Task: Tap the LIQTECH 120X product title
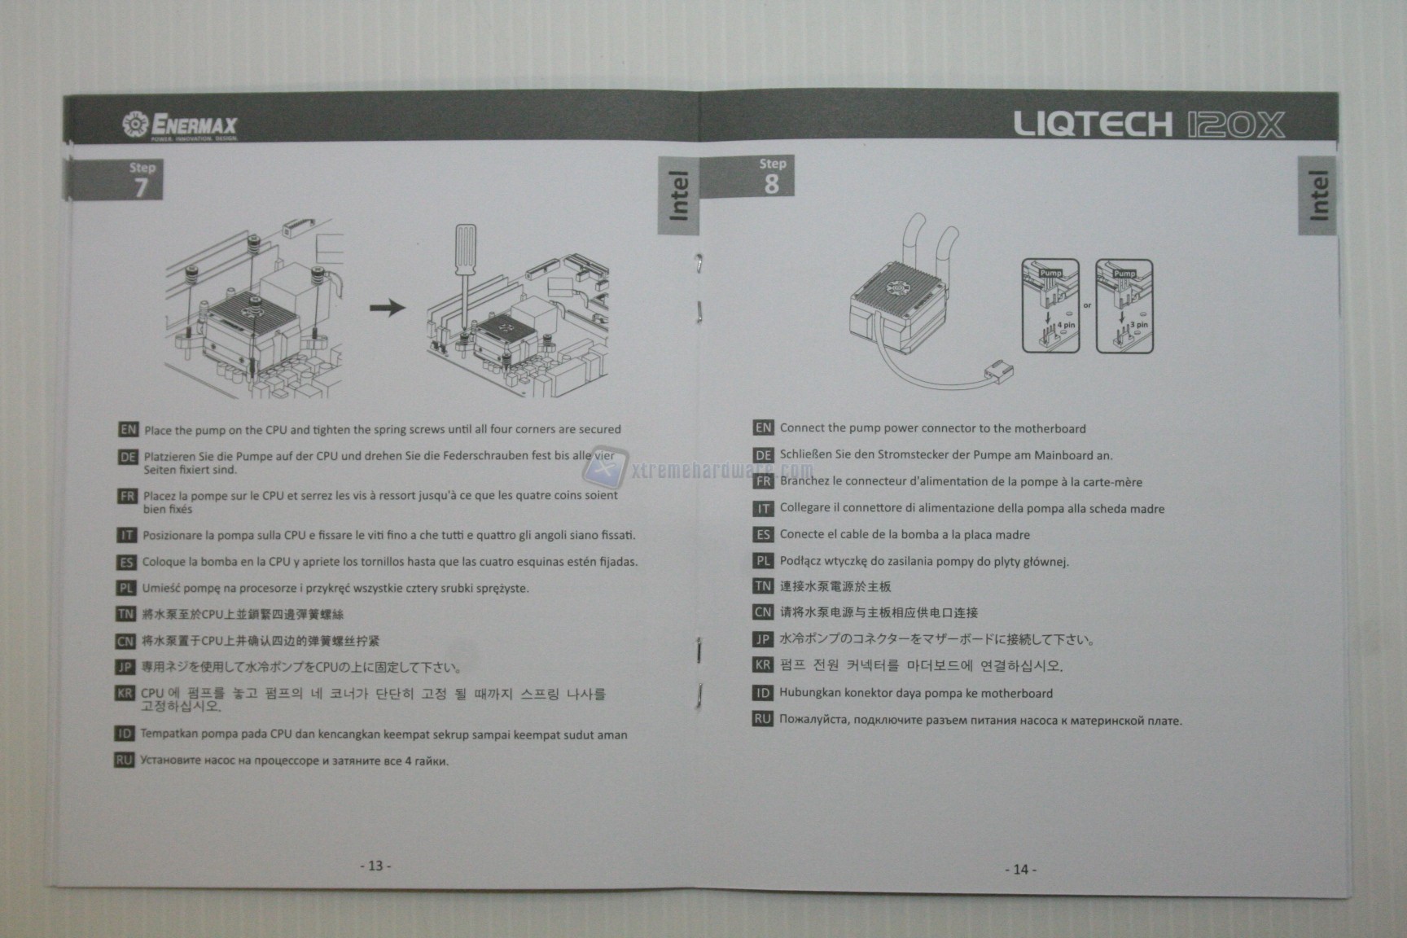coord(1149,125)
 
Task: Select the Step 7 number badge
coord(141,180)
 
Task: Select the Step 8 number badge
coord(772,177)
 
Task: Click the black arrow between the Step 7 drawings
coord(388,308)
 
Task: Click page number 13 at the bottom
coord(375,866)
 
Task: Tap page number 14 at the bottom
coord(1020,870)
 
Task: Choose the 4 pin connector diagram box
coord(1050,306)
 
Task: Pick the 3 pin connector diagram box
coord(1124,306)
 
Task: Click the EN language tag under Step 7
coord(129,429)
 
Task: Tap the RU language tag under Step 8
coord(762,719)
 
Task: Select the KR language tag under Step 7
coord(125,694)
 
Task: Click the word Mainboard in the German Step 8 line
coord(1064,455)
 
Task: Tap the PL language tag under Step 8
coord(762,560)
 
